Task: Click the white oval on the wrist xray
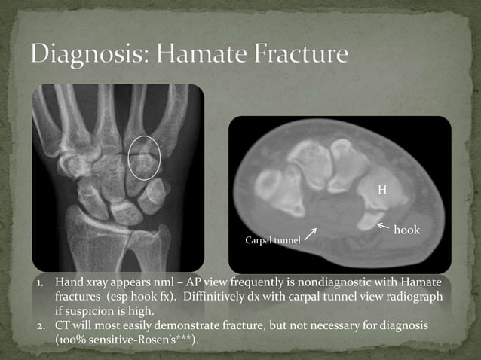[x=145, y=157]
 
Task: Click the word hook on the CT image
[x=406, y=228]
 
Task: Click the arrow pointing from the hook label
[x=383, y=225]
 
